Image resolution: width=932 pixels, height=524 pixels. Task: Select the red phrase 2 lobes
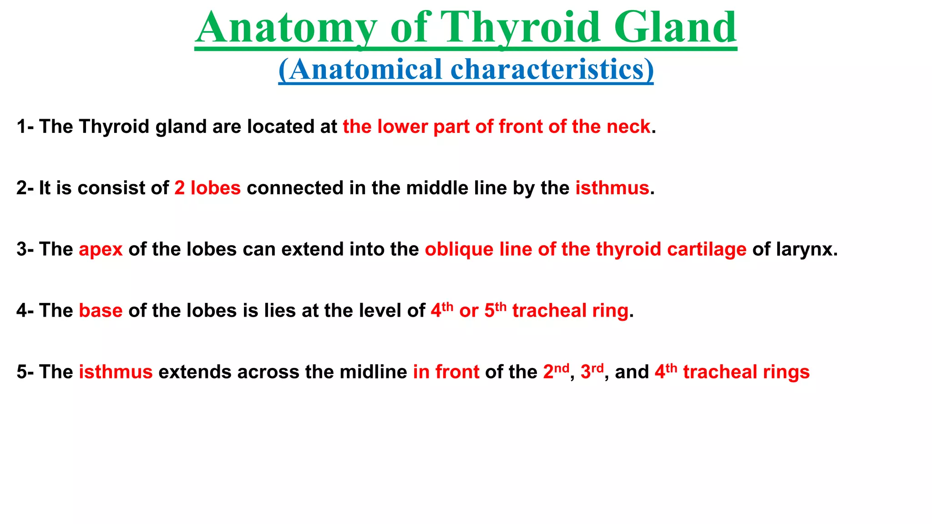tap(208, 188)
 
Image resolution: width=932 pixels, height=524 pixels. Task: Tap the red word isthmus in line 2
tap(612, 188)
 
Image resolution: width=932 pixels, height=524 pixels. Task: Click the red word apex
tap(101, 249)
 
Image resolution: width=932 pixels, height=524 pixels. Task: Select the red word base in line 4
tap(101, 311)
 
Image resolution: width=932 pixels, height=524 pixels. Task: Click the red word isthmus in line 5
tap(116, 372)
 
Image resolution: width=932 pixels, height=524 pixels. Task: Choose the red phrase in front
tap(446, 372)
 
